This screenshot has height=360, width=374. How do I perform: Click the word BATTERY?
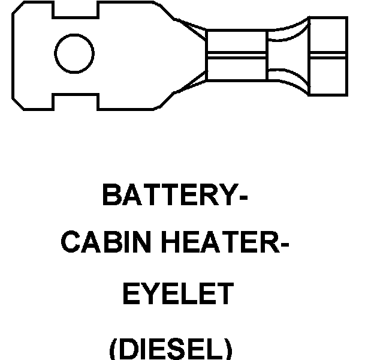171,194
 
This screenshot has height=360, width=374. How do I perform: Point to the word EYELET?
179,293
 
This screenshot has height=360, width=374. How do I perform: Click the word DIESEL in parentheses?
171,349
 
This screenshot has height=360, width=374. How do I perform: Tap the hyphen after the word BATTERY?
244,197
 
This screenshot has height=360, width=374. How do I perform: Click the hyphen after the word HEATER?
285,244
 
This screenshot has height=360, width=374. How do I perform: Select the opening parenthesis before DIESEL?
113,349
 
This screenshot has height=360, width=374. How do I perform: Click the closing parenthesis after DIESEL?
228,349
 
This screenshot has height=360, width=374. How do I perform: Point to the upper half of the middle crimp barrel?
237,41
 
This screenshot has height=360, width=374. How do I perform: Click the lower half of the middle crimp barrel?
237,69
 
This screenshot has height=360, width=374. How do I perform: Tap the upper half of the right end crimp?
328,34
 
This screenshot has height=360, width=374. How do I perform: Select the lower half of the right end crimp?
328,76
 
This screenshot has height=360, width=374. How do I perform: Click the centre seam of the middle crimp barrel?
237,55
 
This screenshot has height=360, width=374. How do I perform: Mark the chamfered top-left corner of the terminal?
18,8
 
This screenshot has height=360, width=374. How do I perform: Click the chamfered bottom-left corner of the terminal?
18,104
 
